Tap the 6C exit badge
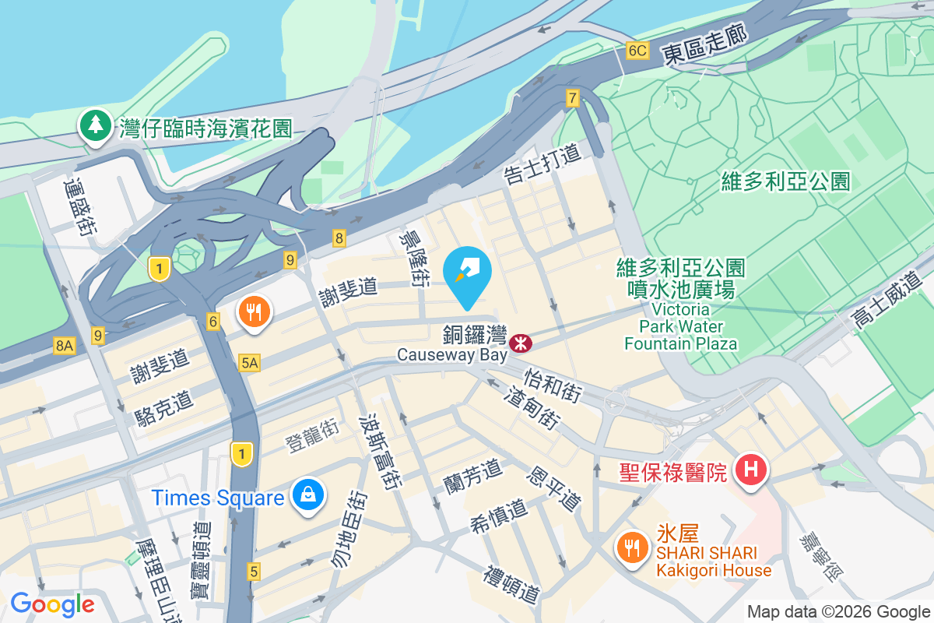637,51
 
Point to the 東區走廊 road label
704,44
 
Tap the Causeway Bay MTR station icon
520,342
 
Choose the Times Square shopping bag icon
309,495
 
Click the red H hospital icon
751,470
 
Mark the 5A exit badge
249,362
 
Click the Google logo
52,604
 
